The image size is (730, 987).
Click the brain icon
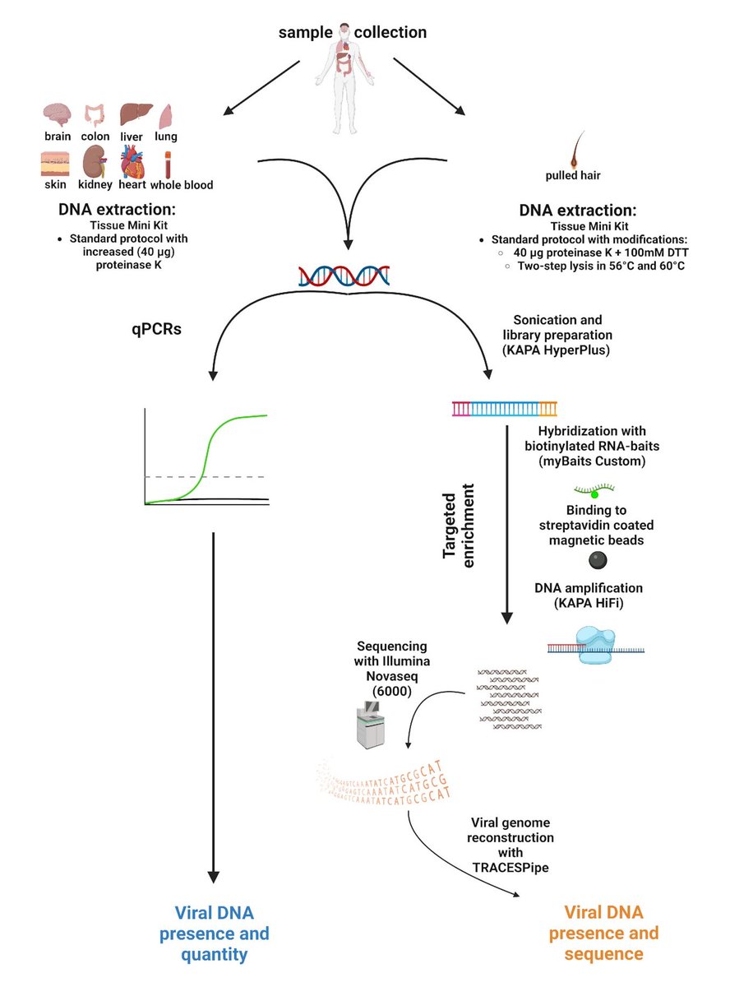pyautogui.click(x=57, y=114)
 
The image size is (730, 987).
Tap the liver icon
pyautogui.click(x=133, y=114)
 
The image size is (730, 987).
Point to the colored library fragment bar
pyautogui.click(x=504, y=406)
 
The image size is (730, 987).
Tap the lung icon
pyautogui.click(x=166, y=114)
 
